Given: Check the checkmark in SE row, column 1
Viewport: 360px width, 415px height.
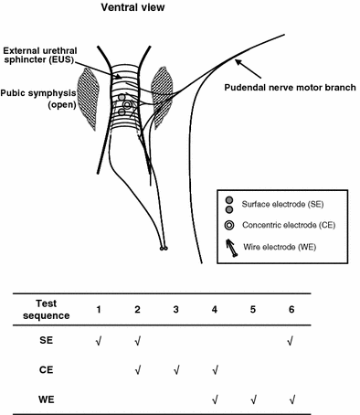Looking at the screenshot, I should pos(98,341).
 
